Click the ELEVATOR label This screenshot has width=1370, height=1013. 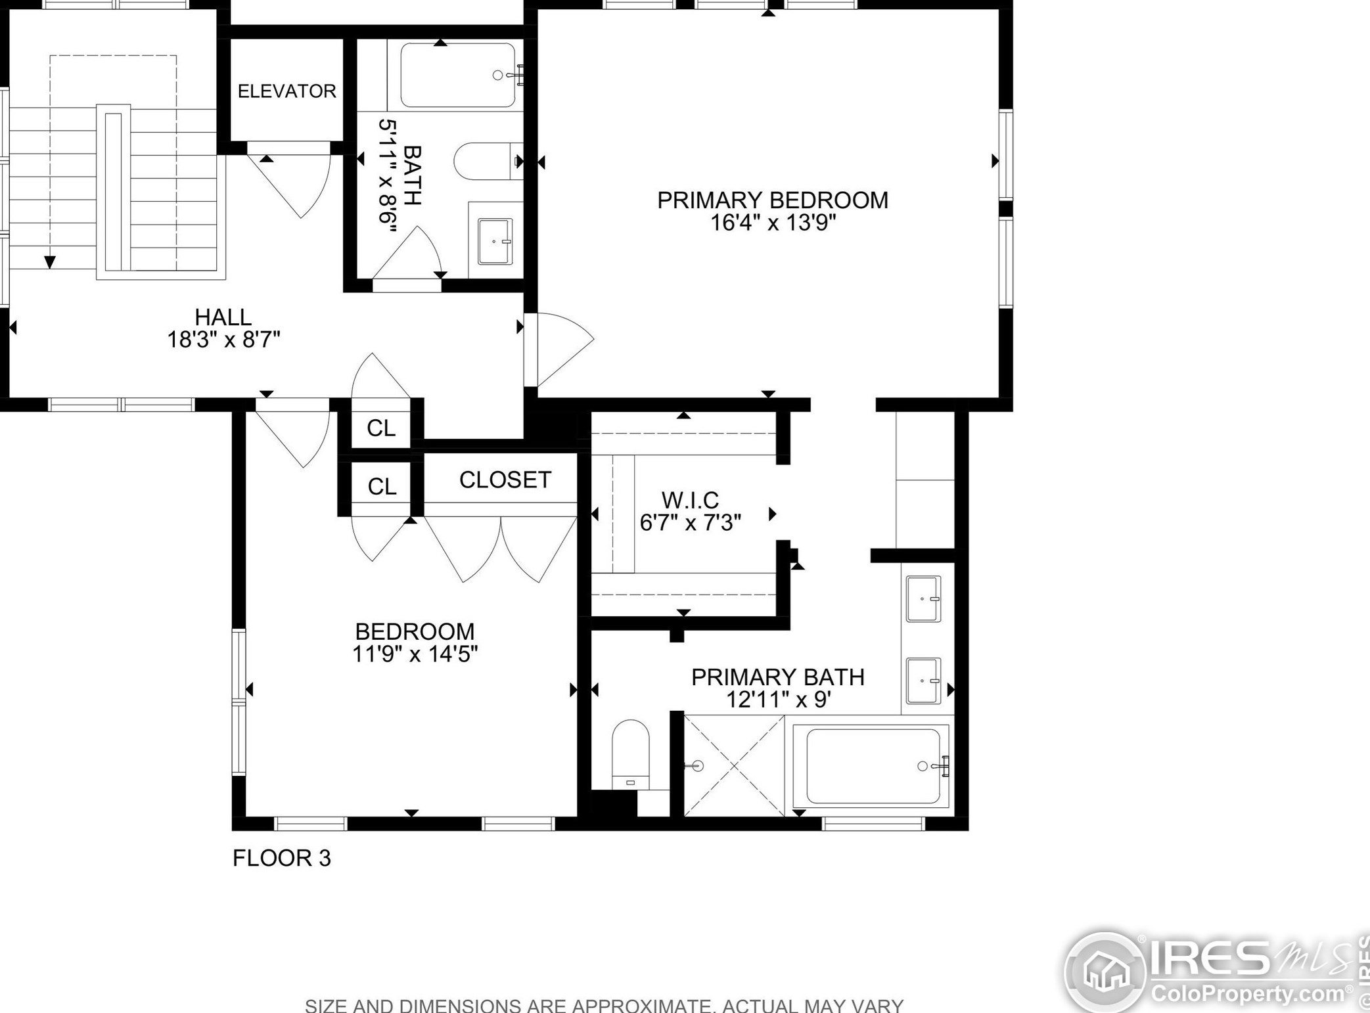click(286, 91)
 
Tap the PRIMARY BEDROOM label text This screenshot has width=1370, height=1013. click(773, 200)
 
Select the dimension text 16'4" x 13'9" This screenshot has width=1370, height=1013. click(773, 223)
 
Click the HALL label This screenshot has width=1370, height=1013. click(223, 317)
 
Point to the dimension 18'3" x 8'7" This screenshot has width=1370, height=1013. click(223, 340)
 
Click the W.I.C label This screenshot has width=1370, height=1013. click(690, 501)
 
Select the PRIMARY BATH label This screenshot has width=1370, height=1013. click(778, 677)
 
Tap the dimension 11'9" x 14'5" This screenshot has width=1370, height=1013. click(415, 654)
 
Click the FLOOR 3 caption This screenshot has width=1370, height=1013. click(282, 858)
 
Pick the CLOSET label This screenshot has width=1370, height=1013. click(505, 480)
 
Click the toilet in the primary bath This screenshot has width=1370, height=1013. click(630, 754)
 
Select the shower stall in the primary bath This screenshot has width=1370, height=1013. click(734, 766)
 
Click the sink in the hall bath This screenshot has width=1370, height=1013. click(495, 242)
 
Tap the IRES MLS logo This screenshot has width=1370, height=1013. click(1216, 972)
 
